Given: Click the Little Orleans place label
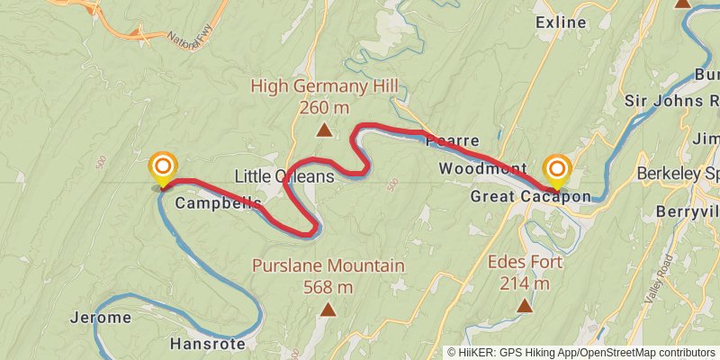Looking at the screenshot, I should [283, 176].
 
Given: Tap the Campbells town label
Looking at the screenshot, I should [218, 202].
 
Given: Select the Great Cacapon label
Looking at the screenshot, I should [531, 196].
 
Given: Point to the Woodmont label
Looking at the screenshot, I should [483, 168].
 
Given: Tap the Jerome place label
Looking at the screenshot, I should [101, 317].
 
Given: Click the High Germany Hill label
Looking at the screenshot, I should [324, 87].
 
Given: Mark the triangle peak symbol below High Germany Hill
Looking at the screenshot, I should [324, 130].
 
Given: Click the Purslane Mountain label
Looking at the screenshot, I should [328, 266].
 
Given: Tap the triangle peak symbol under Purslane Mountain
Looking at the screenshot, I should [328, 310].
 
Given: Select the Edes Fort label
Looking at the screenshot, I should [526, 263].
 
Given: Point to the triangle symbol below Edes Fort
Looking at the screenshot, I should [526, 306].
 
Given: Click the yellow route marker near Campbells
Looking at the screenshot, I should [163, 168].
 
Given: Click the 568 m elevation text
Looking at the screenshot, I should [328, 287].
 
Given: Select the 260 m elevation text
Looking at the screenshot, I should [324, 108].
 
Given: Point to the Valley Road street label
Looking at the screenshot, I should [664, 271].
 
